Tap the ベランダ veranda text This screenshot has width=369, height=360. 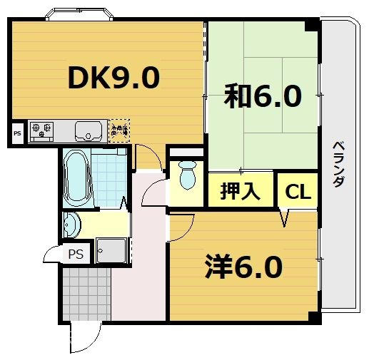click(338, 164)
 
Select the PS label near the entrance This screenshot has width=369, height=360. click(75, 254)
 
